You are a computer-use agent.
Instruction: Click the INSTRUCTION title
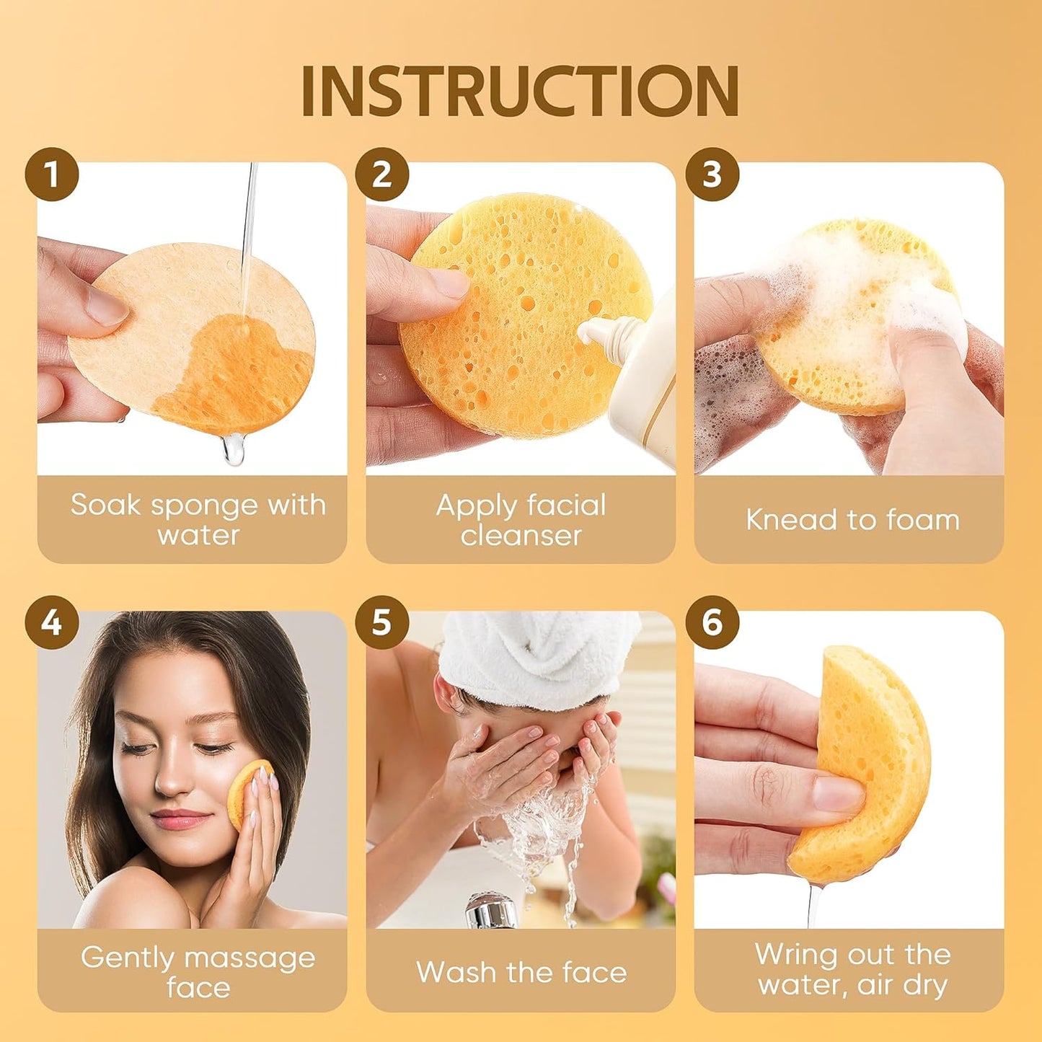pos(520,91)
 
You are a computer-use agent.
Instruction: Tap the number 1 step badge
pos(52,175)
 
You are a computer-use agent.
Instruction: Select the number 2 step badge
pos(381,175)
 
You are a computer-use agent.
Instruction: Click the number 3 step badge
pos(712,175)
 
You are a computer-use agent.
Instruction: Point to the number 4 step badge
pos(52,622)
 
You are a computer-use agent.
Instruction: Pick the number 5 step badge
pos(381,622)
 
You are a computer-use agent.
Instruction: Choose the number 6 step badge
pos(712,622)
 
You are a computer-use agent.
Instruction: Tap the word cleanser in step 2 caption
pos(521,536)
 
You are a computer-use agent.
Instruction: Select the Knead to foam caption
pos(852,520)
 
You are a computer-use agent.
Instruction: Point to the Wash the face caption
pos(521,973)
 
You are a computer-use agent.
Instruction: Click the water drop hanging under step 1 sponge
pos(234,451)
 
